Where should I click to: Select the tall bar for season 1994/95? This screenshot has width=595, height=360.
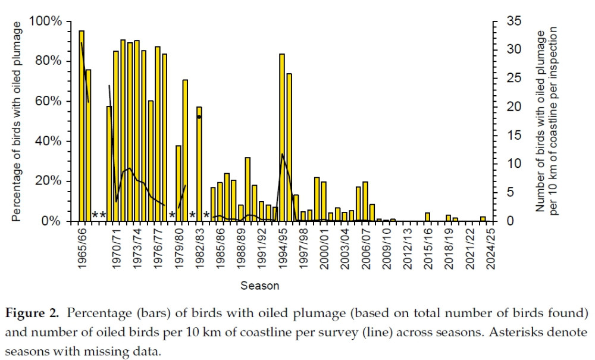(x=282, y=137)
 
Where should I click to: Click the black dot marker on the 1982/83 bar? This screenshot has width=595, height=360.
(x=199, y=117)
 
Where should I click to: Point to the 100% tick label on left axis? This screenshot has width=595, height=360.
(x=46, y=21)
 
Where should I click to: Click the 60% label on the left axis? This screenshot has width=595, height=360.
(x=48, y=101)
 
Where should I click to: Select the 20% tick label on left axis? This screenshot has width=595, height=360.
(x=48, y=181)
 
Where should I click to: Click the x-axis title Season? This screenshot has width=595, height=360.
(x=260, y=286)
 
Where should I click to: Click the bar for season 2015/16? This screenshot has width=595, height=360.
(x=427, y=217)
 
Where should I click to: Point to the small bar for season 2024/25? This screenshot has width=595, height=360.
(x=483, y=219)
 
